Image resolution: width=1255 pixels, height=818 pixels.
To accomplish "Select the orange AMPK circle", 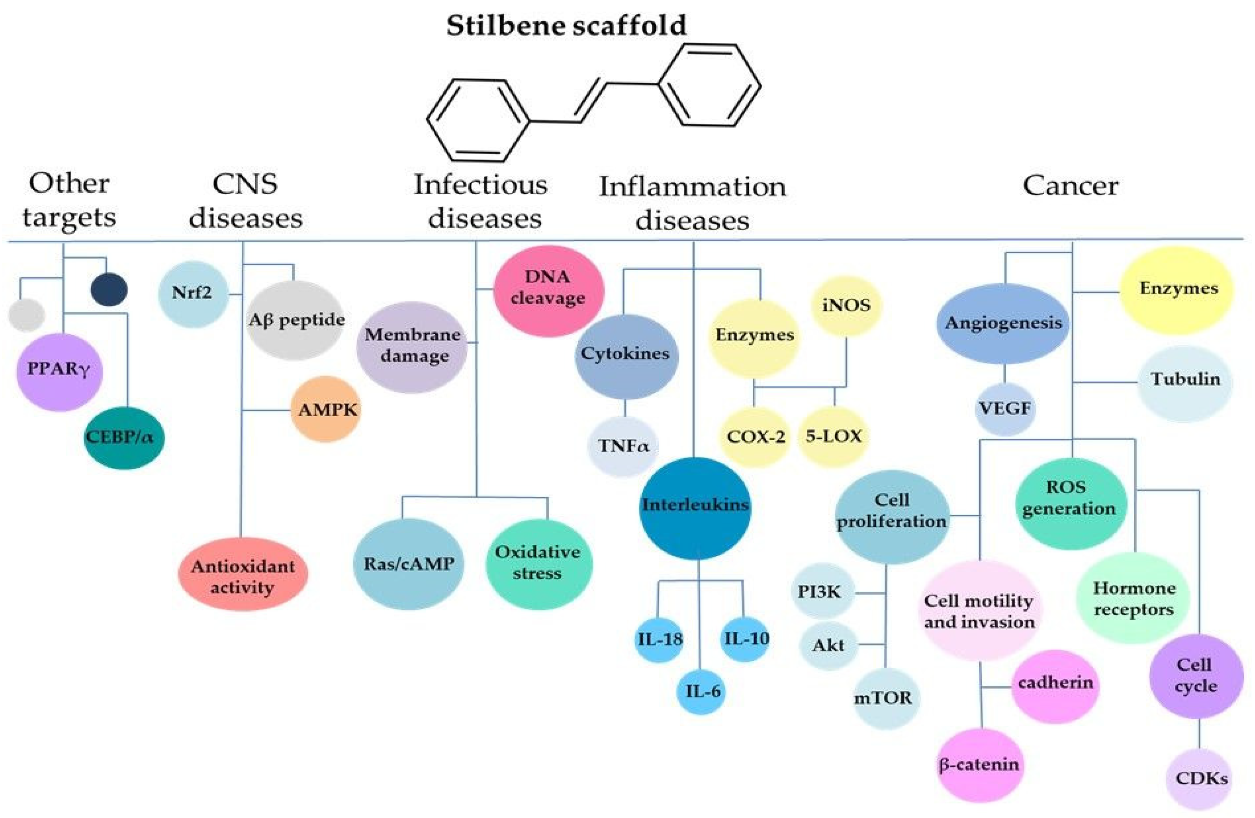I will click(326, 409).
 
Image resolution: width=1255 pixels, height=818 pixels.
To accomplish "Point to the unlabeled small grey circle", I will click(26, 315).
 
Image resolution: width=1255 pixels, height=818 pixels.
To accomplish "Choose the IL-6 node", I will click(701, 691).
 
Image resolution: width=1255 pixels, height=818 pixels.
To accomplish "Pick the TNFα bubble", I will click(622, 446).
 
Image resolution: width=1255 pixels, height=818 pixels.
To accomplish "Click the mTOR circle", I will click(886, 698).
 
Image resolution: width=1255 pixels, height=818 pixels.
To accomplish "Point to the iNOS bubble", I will click(846, 305).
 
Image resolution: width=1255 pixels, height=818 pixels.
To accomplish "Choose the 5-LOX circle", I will click(833, 436).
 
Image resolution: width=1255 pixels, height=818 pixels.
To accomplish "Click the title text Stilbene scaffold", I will click(566, 25).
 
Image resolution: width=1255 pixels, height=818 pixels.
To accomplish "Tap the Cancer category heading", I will click(1070, 186).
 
